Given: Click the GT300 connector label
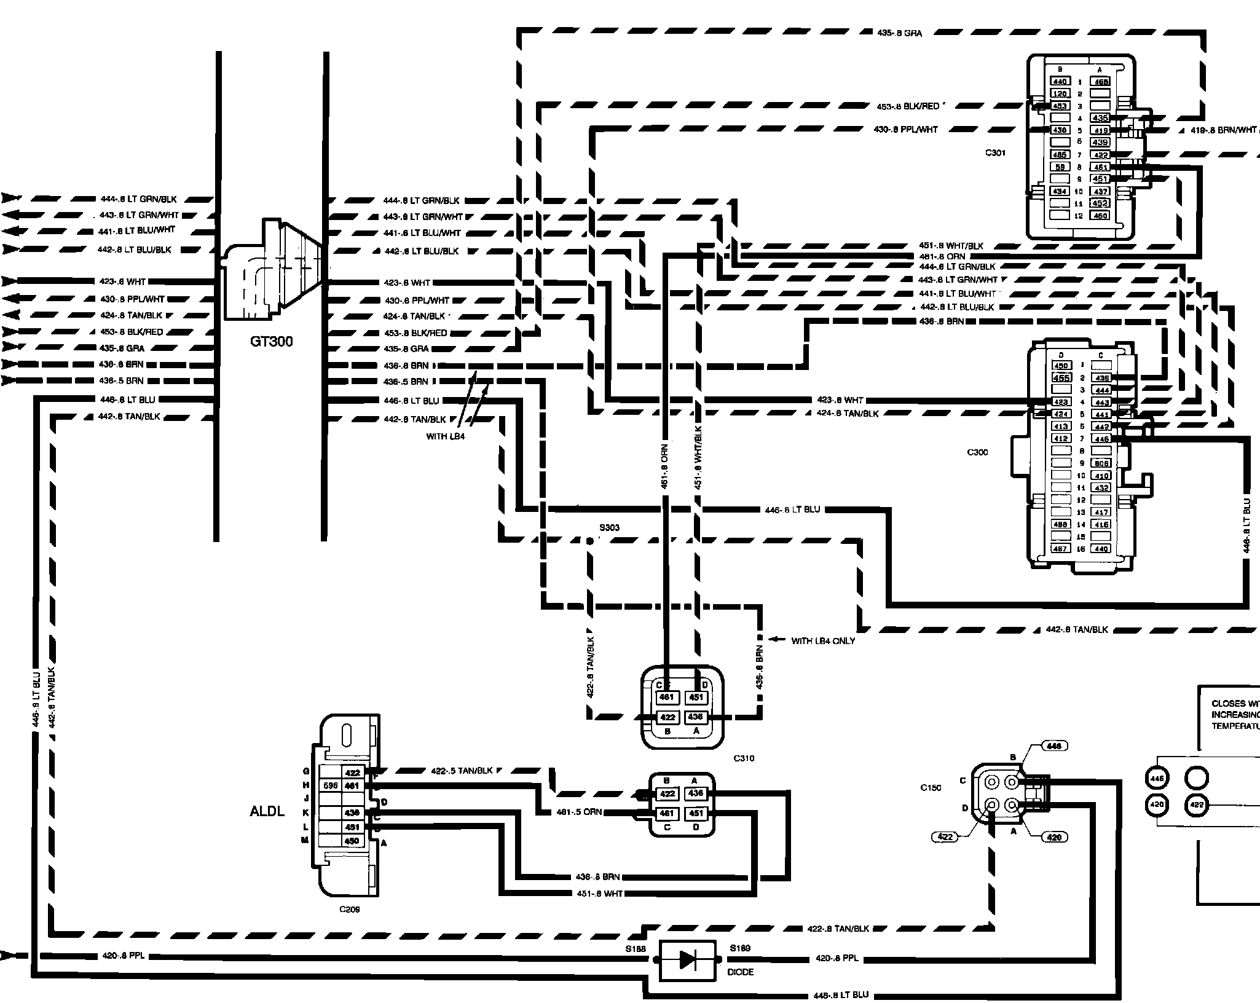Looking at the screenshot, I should point(271,341).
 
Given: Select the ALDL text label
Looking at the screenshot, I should point(267,811).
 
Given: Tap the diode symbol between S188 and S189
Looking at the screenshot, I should point(687,960).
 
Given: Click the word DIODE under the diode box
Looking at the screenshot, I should point(740,972).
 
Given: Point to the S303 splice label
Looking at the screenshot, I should point(609,527).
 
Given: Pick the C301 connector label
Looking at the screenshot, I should point(994,152).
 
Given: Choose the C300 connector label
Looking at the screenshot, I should point(977,452).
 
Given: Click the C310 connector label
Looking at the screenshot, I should point(744,758).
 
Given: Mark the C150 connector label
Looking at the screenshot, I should point(931,787).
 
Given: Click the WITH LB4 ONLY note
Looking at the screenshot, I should point(823,641).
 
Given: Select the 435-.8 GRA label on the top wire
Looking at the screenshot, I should point(899,33).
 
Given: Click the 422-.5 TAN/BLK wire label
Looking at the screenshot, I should point(462,771).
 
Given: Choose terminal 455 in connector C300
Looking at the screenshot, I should point(1061,378).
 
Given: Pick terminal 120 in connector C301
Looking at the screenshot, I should point(1060,94).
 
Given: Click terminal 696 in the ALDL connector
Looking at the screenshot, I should point(331,786).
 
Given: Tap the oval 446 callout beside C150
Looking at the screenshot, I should point(1053,746).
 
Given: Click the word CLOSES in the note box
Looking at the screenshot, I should point(1228,703).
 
